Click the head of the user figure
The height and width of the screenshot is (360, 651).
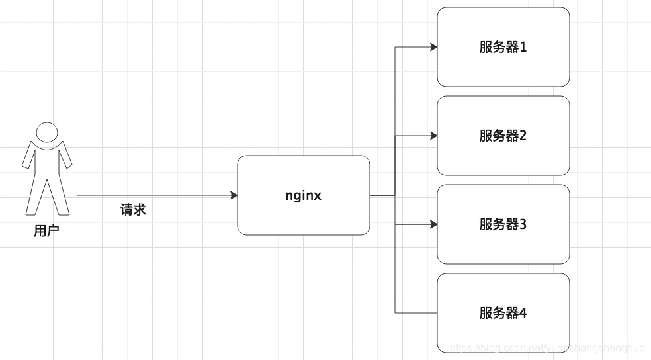coord(46,132)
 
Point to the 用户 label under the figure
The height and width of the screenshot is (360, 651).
coord(46,232)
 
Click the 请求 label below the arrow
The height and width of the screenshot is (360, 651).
coord(133,210)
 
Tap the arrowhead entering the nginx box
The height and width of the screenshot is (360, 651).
coord(234,195)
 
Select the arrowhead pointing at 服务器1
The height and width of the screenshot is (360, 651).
coord(433,47)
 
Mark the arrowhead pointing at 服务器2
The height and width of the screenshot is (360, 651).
coord(433,136)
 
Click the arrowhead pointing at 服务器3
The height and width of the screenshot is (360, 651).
coord(433,224)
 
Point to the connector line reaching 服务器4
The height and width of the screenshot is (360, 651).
coord(417,313)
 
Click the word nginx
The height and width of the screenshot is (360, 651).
coord(304,195)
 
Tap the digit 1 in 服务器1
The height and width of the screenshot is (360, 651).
coord(523,47)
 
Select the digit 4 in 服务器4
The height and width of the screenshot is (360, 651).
coord(523,313)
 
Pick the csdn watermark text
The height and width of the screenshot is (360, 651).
coord(546,347)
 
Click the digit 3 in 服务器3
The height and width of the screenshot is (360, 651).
coord(523,224)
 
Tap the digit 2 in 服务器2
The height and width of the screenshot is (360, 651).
coord(523,136)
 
